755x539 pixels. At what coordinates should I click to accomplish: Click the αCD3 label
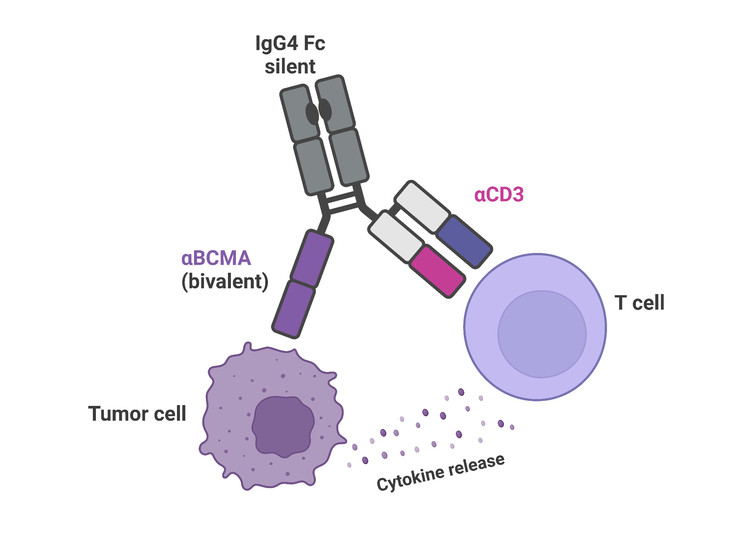click(x=499, y=195)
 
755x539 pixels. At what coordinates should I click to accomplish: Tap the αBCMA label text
click(x=216, y=258)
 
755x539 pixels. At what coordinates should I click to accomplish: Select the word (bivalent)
click(x=225, y=281)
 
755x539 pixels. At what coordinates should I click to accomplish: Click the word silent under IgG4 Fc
click(x=290, y=67)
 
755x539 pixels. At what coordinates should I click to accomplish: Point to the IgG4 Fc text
click(x=290, y=43)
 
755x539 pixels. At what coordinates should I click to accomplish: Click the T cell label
click(x=639, y=303)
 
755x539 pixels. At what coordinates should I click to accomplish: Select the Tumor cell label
click(x=137, y=413)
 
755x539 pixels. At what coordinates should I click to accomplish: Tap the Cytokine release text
click(x=441, y=473)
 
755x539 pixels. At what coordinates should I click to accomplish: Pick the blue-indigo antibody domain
click(x=464, y=242)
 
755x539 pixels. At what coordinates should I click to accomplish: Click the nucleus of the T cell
click(x=542, y=334)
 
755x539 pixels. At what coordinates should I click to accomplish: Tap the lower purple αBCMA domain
click(x=294, y=309)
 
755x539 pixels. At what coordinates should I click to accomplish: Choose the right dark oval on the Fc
click(x=325, y=110)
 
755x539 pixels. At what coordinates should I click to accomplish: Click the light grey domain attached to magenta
click(x=396, y=237)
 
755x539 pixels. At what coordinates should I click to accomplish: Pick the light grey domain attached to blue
click(x=422, y=207)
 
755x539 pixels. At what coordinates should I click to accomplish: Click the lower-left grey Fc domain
click(x=314, y=167)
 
